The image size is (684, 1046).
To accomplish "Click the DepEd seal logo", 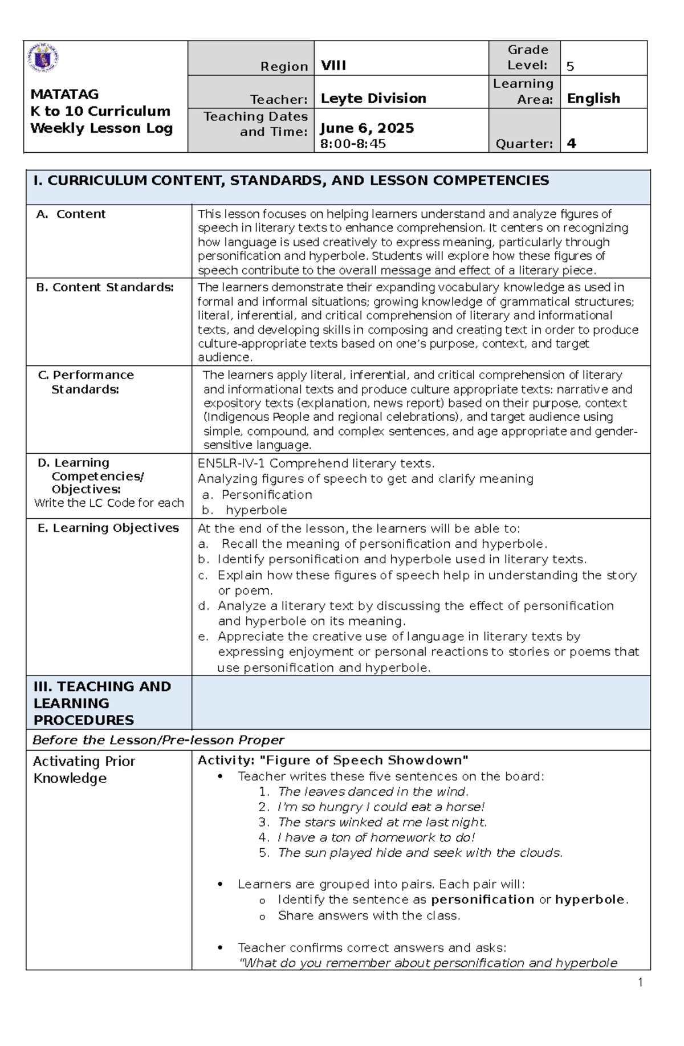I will tap(43, 58).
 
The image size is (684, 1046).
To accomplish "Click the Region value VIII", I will tap(333, 65).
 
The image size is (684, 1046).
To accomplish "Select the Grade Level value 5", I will tap(570, 67).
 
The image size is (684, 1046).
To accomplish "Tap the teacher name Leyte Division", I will tap(373, 98).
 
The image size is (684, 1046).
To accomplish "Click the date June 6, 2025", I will tap(367, 128).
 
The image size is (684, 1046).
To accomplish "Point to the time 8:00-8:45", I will tap(353, 144).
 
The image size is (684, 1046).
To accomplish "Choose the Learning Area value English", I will tap(593, 98).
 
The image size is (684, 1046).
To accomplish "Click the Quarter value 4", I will tap(572, 144).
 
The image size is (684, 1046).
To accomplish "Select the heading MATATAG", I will tap(64, 94).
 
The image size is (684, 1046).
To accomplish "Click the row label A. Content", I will tap(71, 214).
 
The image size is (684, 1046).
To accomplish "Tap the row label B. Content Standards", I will tap(105, 287).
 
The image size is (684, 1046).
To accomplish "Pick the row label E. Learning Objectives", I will tap(108, 528).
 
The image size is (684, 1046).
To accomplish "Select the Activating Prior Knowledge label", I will tap(83, 770).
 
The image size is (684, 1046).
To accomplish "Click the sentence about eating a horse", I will tap(381, 807).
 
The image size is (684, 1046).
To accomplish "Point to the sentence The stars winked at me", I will tap(382, 822).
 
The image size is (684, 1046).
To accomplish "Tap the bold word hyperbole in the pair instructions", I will tap(590, 900).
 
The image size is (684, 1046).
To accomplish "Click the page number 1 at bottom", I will tap(640, 982).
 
